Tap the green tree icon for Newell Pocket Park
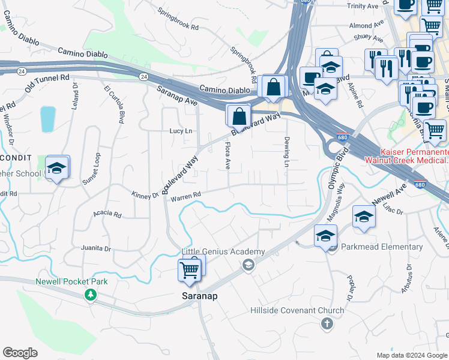(90, 294)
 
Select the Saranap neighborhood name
(199, 296)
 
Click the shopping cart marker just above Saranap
(190, 271)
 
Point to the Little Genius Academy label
(223, 251)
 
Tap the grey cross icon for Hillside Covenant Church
(327, 324)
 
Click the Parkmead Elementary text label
(382, 247)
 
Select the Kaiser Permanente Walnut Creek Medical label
(415, 157)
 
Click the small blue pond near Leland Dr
(47, 119)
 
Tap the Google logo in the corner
(20, 352)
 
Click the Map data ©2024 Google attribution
(411, 355)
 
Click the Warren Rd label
(185, 196)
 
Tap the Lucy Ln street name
(181, 131)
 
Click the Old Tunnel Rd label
(47, 83)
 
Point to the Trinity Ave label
(364, 5)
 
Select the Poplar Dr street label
(349, 288)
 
